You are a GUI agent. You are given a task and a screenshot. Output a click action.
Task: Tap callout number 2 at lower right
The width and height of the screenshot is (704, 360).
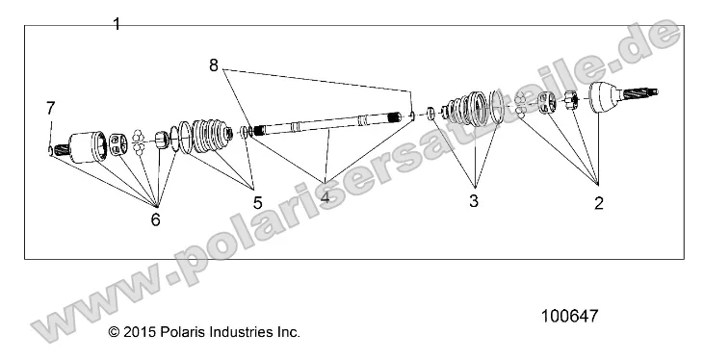click(x=598, y=202)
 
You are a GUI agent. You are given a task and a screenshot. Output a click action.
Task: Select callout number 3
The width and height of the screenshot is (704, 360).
click(x=474, y=201)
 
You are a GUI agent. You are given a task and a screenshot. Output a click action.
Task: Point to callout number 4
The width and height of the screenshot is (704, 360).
click(x=325, y=199)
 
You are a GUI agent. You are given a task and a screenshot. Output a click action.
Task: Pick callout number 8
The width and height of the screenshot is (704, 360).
click(x=213, y=65)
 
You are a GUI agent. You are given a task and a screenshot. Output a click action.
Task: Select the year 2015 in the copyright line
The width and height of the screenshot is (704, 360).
click(x=138, y=332)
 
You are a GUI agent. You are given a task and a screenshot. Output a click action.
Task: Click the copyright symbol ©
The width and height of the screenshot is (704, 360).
click(x=114, y=332)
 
